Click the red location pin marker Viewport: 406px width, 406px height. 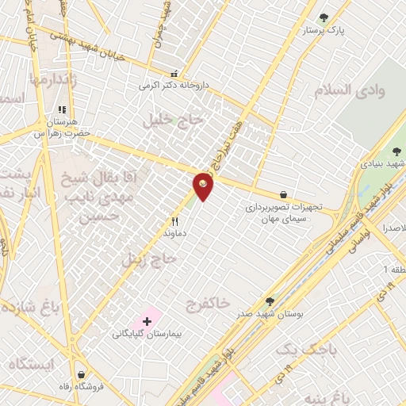coord(203,186)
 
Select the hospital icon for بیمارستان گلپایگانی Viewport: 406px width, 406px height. coord(147,321)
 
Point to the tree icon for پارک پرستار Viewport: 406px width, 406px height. coord(323,17)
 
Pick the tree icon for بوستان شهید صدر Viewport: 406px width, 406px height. coord(270,301)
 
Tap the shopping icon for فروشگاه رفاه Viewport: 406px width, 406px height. coord(81,373)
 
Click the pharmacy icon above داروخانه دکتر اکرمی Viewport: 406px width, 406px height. coord(174,72)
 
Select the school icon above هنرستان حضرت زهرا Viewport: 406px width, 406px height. coord(61,111)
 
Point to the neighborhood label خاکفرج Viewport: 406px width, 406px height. coord(208,304)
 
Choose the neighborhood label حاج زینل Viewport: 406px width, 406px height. coord(147,259)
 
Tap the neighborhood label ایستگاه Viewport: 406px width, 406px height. coord(31,365)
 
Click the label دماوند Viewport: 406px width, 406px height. coord(174,235)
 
